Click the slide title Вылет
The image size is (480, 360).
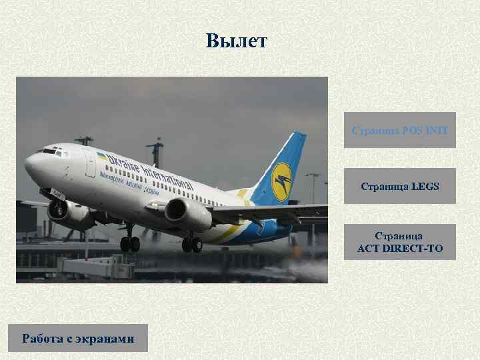(x=236, y=41)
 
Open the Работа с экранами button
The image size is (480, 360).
(x=78, y=338)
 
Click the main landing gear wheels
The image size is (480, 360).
(x=191, y=244)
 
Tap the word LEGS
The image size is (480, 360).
(x=425, y=186)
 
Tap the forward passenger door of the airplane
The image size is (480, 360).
(x=91, y=163)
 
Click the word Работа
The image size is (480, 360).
(x=41, y=338)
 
